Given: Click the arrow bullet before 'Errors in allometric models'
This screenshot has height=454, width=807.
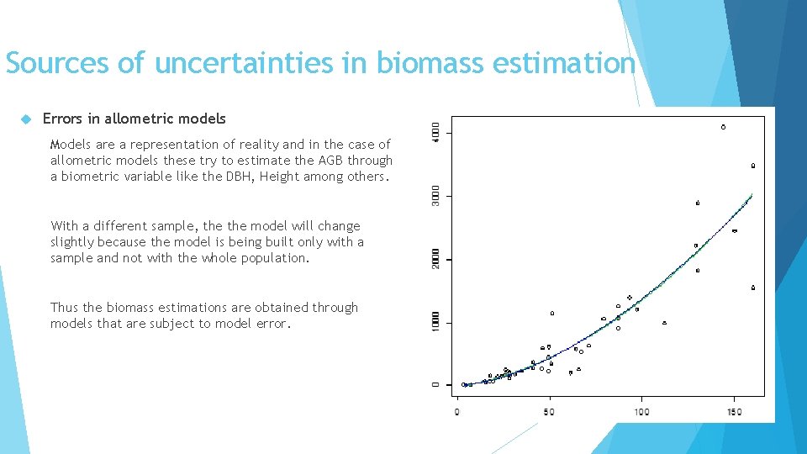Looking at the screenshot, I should [x=24, y=119].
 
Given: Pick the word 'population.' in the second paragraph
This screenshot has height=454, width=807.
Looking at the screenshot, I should [x=274, y=258].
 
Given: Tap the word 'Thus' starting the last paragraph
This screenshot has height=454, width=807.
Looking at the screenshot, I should [x=64, y=308].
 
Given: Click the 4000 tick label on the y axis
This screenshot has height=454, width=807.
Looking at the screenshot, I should [x=435, y=133].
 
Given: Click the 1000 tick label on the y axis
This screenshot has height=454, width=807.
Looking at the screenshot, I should [x=435, y=323].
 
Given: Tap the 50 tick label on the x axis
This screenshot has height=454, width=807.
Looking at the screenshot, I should [x=549, y=412].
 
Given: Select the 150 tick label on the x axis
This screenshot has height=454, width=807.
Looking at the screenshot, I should [x=734, y=412].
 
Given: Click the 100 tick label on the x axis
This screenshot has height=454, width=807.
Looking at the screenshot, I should [x=641, y=412].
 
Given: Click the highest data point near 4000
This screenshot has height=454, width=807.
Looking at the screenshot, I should [x=723, y=127].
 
